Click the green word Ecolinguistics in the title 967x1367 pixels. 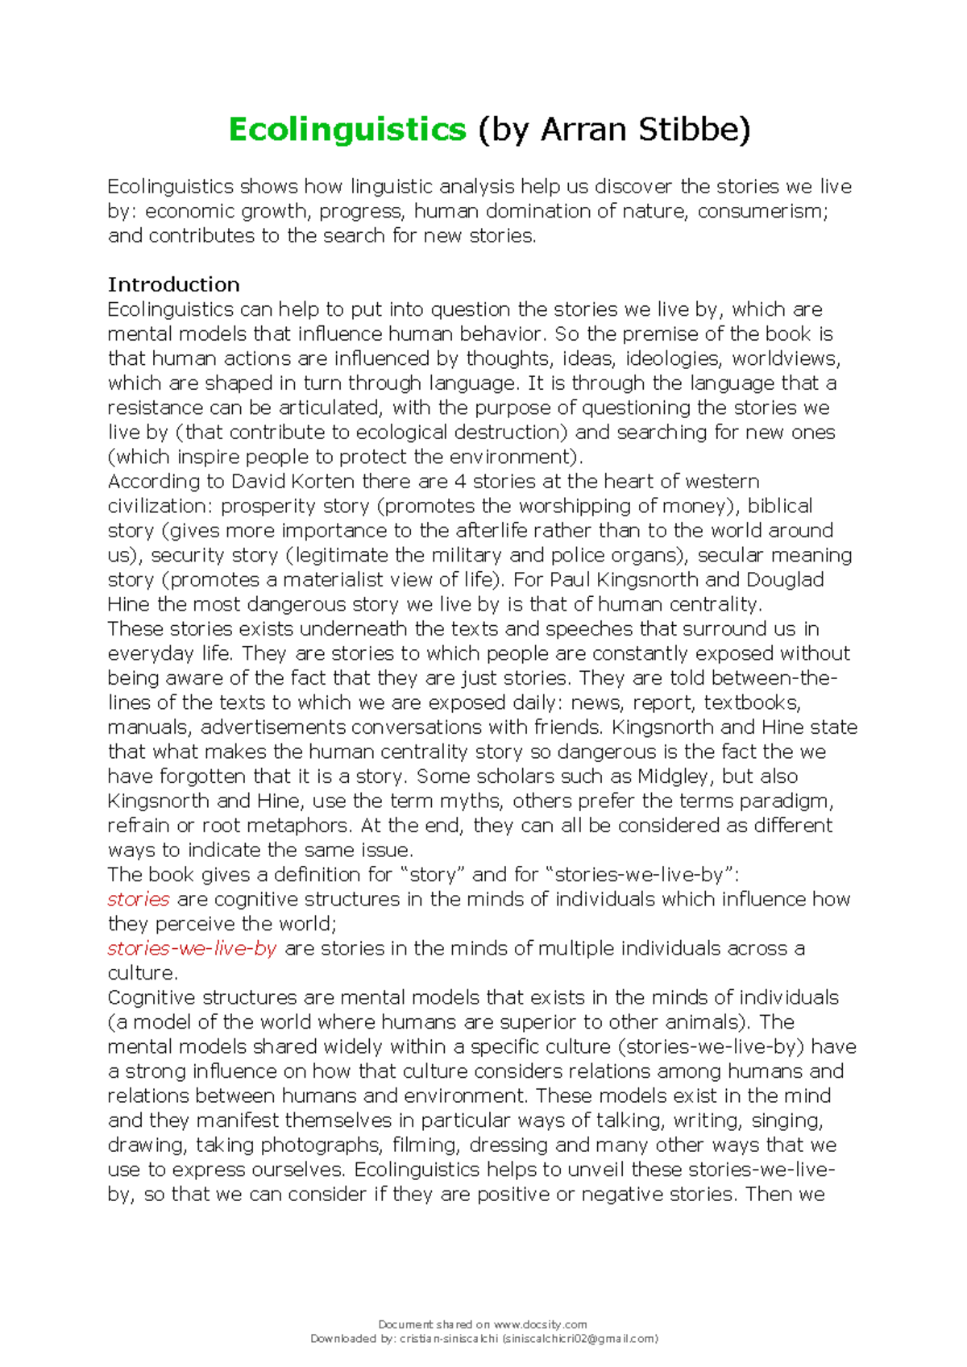tap(347, 129)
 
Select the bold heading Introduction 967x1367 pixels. tap(174, 284)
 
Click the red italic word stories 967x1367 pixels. tap(139, 899)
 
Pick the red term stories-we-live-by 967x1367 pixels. tap(192, 948)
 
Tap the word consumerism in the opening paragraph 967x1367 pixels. tap(761, 211)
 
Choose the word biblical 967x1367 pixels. tap(780, 506)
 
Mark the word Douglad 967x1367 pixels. tap(784, 580)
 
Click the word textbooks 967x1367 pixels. tap(751, 702)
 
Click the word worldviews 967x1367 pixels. tap(785, 358)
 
